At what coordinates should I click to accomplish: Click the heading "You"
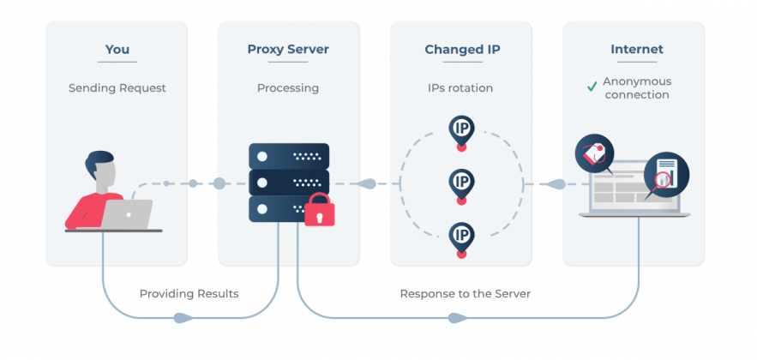[x=117, y=49]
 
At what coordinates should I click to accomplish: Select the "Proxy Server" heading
[x=288, y=49]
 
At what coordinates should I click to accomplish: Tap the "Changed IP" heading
[x=462, y=49]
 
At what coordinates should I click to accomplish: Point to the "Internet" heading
[x=637, y=49]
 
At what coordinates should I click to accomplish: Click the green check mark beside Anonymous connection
[x=592, y=87]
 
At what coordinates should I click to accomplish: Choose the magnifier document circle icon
[x=666, y=175]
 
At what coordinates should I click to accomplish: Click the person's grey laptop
[x=127, y=214]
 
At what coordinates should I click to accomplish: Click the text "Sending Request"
[x=117, y=88]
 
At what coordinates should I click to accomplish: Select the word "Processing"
[x=288, y=88]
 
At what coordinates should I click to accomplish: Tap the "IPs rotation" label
[x=460, y=88]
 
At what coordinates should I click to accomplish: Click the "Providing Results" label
[x=189, y=294]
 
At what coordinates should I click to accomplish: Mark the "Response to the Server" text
[x=466, y=294]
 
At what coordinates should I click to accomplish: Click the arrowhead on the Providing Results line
[x=183, y=318]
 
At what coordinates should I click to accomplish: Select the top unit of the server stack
[x=289, y=156]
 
